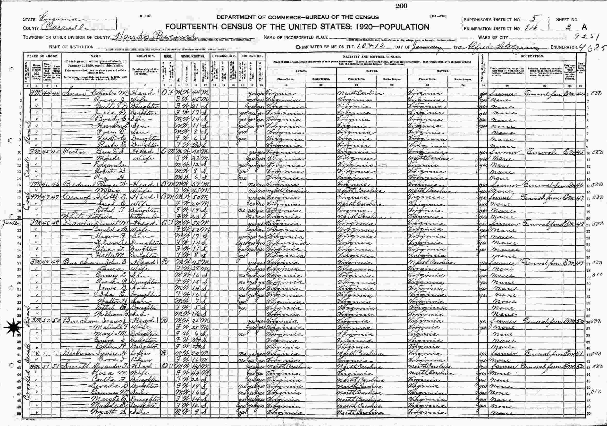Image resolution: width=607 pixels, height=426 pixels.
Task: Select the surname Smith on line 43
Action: coord(70,367)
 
